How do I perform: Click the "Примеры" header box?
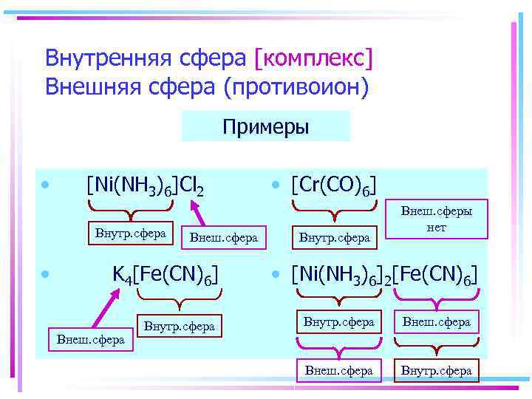pyautogui.click(x=265, y=126)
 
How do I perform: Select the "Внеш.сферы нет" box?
pyautogui.click(x=436, y=219)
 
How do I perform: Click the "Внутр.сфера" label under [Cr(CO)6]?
pyautogui.click(x=334, y=237)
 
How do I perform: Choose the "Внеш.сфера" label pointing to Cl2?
pyautogui.click(x=223, y=237)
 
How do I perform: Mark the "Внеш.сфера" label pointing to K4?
pyautogui.click(x=90, y=340)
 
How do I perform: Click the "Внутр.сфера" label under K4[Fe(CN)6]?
pyautogui.click(x=179, y=326)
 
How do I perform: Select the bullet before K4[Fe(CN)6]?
pyautogui.click(x=46, y=274)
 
